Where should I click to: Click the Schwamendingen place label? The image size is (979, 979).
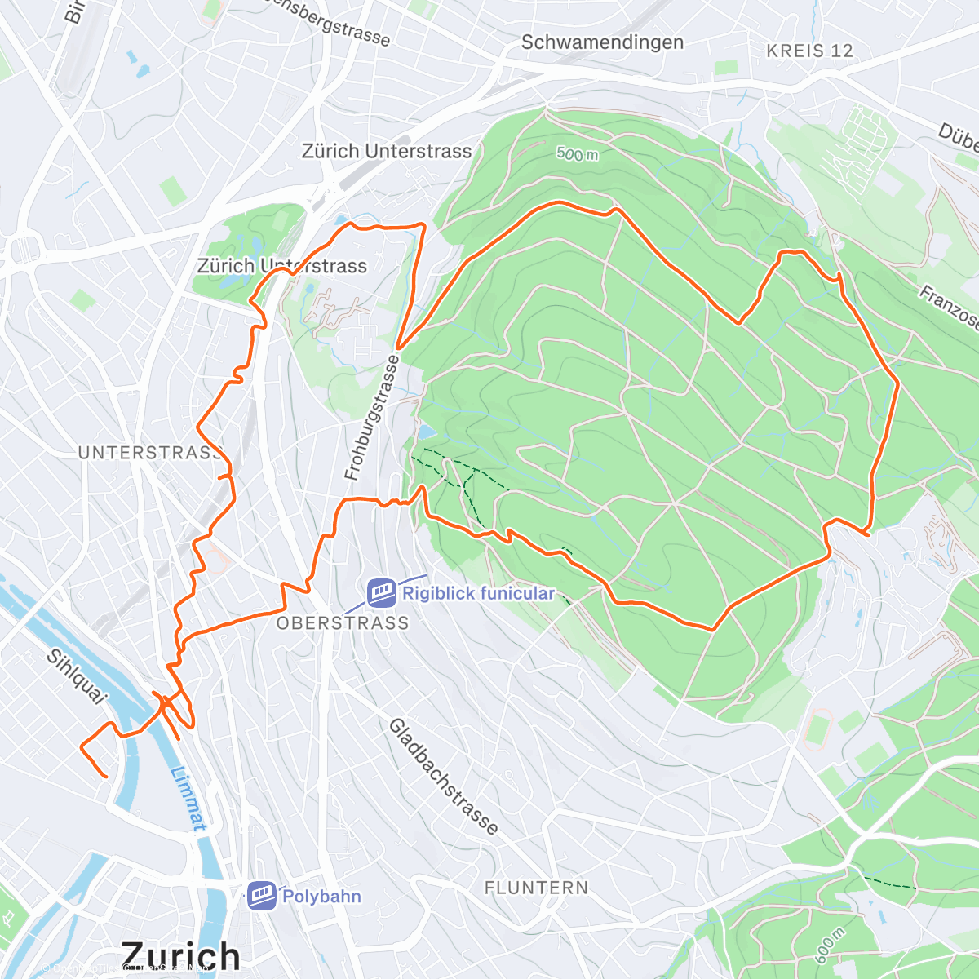pos(602,42)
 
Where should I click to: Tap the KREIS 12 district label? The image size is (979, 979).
pos(809,51)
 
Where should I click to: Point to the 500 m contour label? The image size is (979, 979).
pos(578,153)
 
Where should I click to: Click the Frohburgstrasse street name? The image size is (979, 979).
pos(372,418)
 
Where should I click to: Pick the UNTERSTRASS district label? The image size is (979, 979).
pos(150,453)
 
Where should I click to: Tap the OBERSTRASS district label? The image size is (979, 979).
pos(343,623)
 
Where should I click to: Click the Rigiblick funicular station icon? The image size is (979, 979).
pos(381,593)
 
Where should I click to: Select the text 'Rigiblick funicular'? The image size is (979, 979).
pos(478,593)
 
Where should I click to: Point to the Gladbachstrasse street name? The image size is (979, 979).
pos(443,777)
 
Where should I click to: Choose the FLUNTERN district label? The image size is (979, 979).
pos(536,888)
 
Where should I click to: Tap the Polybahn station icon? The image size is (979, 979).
pos(261,896)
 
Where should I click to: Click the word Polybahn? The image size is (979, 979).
pos(321,897)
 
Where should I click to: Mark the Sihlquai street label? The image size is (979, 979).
pos(76,676)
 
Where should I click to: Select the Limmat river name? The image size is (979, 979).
pos(188,798)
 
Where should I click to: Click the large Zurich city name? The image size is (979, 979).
pos(180,955)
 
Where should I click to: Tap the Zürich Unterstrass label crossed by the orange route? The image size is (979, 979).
pos(282,266)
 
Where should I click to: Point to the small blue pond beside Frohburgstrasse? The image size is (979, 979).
pos(425,432)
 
